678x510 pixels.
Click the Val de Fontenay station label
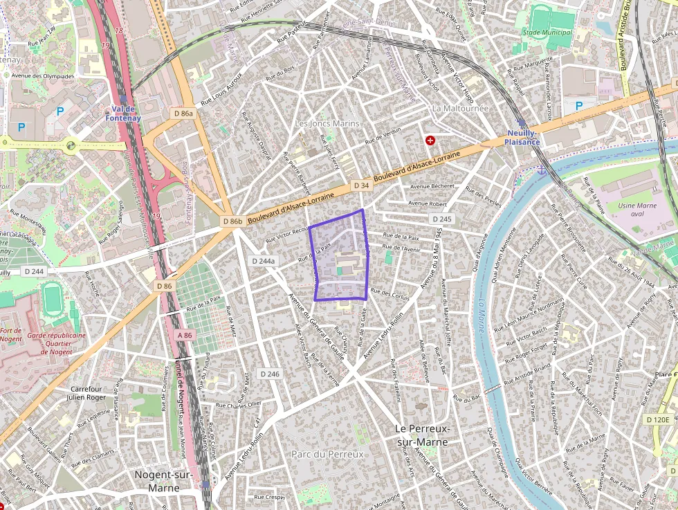(124, 113)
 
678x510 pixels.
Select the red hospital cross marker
(430, 140)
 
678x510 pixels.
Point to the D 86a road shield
(183, 113)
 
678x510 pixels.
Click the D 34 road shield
(360, 185)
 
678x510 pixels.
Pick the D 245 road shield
(441, 219)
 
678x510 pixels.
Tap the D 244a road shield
(263, 262)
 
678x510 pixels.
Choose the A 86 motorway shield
(183, 335)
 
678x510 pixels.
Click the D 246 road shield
(270, 374)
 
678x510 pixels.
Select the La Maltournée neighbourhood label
(460, 109)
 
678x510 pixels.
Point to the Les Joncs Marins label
(327, 123)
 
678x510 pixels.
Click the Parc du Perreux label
(327, 455)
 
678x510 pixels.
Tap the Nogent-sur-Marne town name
(158, 482)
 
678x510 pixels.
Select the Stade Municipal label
(548, 33)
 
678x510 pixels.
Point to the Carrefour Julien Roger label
(86, 393)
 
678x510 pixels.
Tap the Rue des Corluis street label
(390, 294)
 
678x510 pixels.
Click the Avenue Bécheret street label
(432, 186)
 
